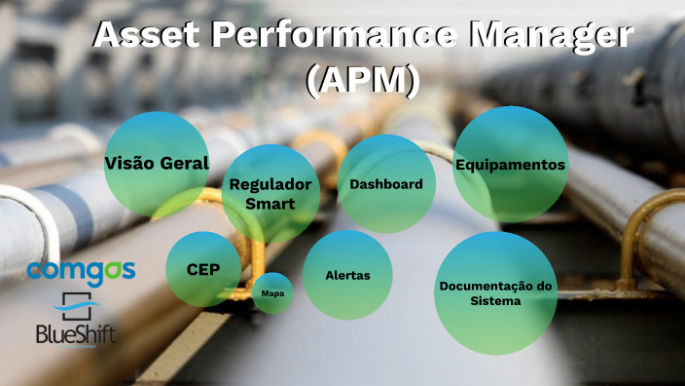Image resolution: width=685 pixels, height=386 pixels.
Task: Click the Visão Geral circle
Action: pyautogui.click(x=156, y=164)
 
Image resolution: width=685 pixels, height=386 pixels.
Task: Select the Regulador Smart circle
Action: pyautogui.click(x=270, y=193)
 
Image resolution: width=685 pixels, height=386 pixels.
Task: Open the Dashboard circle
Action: pyautogui.click(x=385, y=184)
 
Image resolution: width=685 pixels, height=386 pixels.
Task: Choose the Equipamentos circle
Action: pyautogui.click(x=510, y=165)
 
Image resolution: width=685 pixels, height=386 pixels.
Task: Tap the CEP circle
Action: pyautogui.click(x=202, y=269)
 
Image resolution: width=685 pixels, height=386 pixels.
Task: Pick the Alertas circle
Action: pyautogui.click(x=347, y=275)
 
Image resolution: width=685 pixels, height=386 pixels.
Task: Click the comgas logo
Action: pyautogui.click(x=80, y=270)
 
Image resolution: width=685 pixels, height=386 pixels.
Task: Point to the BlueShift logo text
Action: pyautogui.click(x=78, y=336)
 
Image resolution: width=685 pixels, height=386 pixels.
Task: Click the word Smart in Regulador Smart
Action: pyautogui.click(x=270, y=204)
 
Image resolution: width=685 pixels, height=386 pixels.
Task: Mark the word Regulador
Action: pyautogui.click(x=270, y=184)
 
